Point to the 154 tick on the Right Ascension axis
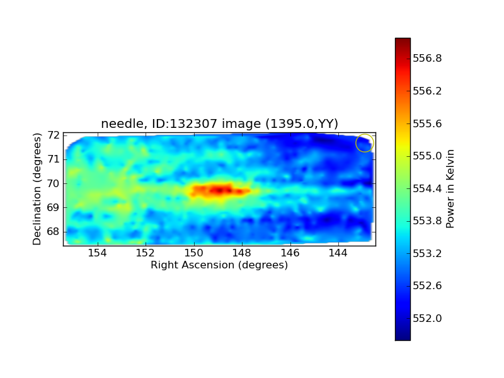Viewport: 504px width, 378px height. pos(97,253)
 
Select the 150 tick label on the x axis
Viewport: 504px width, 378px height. pos(193,253)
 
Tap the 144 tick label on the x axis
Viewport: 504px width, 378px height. pos(338,253)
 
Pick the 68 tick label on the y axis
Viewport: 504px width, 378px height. pos(54,231)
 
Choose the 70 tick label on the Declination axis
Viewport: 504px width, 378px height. pos(54,183)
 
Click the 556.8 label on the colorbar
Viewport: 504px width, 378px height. pos(427,58)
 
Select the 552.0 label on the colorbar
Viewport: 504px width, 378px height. pos(427,318)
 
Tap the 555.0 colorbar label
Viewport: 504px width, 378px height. pos(427,156)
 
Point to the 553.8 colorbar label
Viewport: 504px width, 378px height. pos(427,221)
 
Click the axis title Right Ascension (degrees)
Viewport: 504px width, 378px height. pos(219,265)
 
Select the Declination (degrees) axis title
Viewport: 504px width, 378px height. pos(37,190)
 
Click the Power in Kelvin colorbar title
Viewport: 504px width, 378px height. pos(450,189)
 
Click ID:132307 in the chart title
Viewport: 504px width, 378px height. pos(185,123)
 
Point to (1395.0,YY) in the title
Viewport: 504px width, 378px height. pos(302,123)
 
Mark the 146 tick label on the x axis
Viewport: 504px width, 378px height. pos(290,253)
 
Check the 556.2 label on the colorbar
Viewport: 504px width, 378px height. pos(427,91)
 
